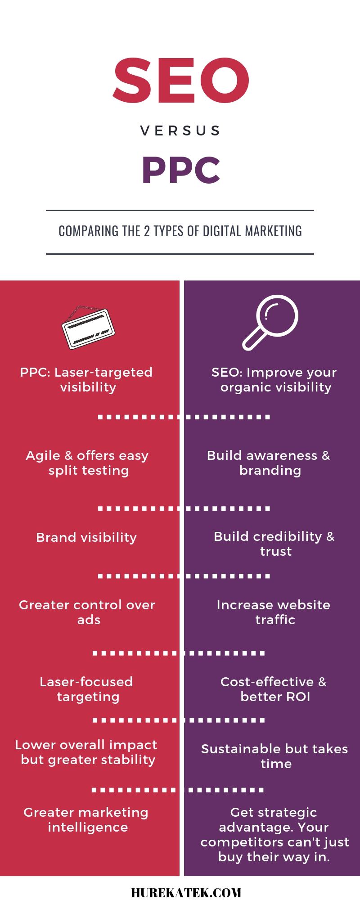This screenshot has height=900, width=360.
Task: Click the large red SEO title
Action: [x=181, y=80]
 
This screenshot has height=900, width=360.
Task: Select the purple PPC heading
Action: [x=181, y=171]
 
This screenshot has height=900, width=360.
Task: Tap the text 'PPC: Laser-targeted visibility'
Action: [x=86, y=380]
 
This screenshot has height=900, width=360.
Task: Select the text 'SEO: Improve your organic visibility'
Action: [x=274, y=380]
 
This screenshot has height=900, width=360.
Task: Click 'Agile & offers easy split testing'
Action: [x=87, y=463]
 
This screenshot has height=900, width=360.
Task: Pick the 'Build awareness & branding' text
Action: [x=269, y=463]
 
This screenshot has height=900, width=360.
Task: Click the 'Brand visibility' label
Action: [x=86, y=537]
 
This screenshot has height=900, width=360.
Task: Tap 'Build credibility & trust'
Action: [x=274, y=544]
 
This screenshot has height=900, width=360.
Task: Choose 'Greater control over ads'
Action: [x=87, y=612]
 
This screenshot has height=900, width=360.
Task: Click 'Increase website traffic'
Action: [x=274, y=612]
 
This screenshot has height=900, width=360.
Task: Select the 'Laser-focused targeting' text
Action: [x=86, y=689]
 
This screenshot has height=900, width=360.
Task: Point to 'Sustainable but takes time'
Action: [x=274, y=756]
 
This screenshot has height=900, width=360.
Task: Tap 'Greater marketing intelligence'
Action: [x=86, y=820]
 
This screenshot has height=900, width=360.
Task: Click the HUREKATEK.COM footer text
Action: [x=186, y=892]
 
